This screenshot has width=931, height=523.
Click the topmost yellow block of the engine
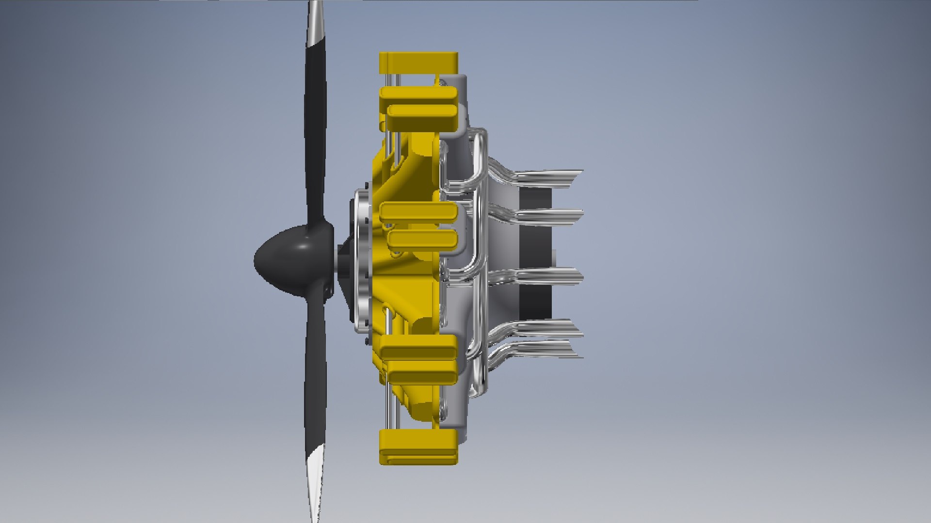tap(418, 60)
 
